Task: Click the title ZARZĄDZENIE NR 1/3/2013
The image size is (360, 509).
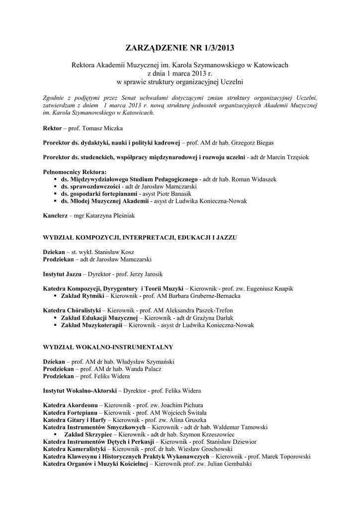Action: [180, 48]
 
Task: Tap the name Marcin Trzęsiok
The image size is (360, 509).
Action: [291, 157]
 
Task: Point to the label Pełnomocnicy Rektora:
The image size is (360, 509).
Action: [75, 171]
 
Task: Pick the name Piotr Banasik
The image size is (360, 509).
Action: [174, 193]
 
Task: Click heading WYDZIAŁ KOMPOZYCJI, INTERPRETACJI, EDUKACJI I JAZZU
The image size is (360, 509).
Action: [140, 238]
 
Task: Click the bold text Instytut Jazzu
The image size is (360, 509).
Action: [63, 274]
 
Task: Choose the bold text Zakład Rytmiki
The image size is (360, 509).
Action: [82, 296]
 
